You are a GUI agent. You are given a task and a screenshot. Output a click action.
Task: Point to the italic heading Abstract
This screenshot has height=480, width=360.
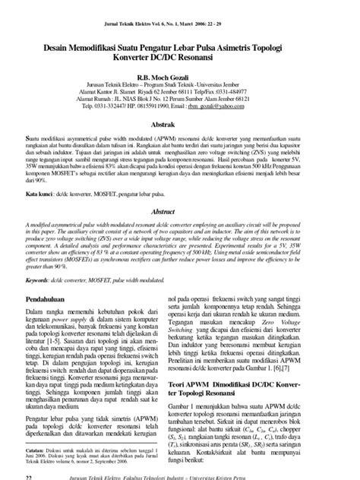pyautogui.click(x=180, y=214)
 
